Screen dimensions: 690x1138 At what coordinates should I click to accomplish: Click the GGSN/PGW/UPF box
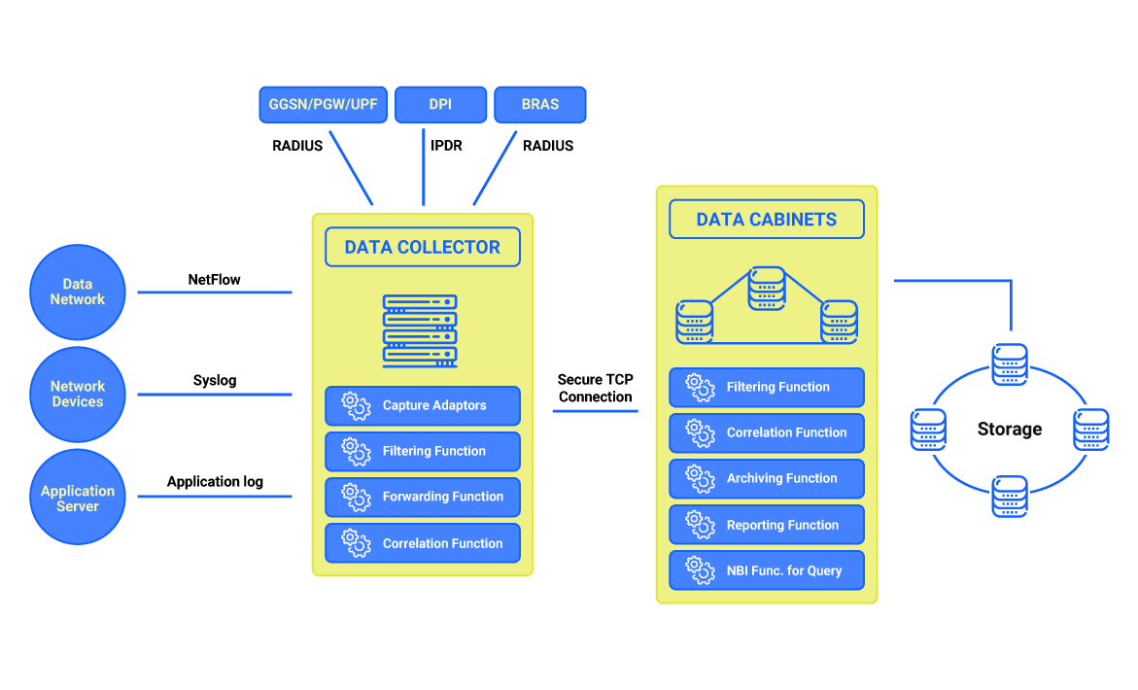pos(324,105)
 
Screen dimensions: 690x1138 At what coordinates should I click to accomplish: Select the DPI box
pos(440,105)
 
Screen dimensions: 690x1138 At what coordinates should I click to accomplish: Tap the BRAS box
pos(539,105)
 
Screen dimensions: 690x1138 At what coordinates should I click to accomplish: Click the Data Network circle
pos(78,292)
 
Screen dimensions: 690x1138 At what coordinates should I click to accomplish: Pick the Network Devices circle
pos(78,395)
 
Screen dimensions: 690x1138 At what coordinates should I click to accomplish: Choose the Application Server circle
pos(78,498)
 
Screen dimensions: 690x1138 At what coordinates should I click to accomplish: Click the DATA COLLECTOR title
pos(422,247)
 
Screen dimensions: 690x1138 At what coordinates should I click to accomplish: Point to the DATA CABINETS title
pos(766,219)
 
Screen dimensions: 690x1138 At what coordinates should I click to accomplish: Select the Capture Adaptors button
pos(422,405)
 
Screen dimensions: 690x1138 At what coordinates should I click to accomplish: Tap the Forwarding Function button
pos(422,497)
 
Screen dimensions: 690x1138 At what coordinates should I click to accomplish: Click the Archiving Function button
pos(766,478)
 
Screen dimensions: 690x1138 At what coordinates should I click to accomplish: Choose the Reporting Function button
pos(766,525)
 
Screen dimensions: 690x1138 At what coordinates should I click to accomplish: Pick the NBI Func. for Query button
pos(766,570)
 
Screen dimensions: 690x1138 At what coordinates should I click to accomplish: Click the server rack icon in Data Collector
pos(420,329)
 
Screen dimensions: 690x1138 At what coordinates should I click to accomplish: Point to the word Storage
pos(1009,429)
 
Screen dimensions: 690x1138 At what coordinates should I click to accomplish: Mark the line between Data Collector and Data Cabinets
pos(595,411)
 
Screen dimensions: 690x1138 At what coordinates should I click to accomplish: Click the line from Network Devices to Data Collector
pos(214,395)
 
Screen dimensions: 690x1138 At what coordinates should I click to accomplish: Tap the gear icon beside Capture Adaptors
pos(356,405)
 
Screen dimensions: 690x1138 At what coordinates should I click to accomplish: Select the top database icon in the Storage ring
pos(1009,363)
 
